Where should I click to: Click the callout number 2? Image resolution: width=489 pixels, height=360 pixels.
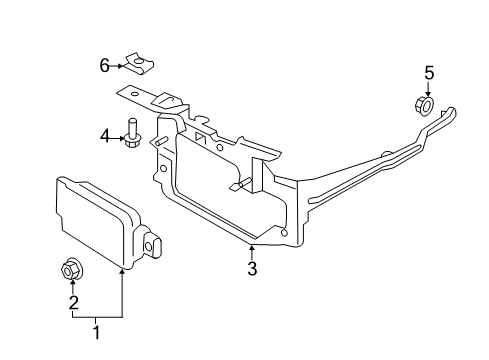point(71,302)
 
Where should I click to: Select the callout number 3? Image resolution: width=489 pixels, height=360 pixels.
point(252,268)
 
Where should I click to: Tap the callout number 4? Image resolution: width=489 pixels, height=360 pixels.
point(104,135)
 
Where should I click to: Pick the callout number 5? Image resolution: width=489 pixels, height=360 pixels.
point(428,72)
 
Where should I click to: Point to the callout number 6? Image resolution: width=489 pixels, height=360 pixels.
point(105,67)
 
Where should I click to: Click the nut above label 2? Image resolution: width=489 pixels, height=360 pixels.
point(72,268)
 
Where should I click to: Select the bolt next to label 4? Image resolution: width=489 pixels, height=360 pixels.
point(131,133)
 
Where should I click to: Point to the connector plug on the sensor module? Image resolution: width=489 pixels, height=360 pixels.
point(158,243)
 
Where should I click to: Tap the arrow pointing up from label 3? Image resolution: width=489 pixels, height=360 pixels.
point(252,250)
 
